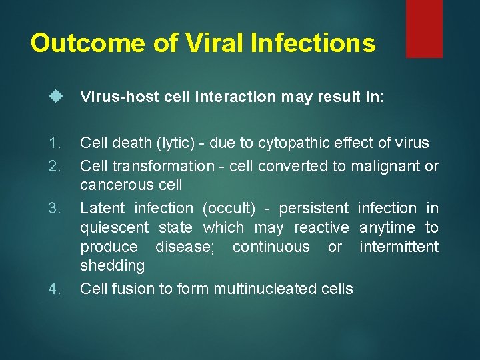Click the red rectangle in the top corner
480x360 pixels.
pos(424,28)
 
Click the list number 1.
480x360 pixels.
pos(55,143)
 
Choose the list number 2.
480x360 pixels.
pos(55,165)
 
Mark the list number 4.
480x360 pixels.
pos(55,289)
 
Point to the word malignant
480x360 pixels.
pos(385,166)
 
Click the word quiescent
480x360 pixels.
pos(114,228)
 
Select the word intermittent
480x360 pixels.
pos(399,247)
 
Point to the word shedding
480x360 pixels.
pos(112,266)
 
